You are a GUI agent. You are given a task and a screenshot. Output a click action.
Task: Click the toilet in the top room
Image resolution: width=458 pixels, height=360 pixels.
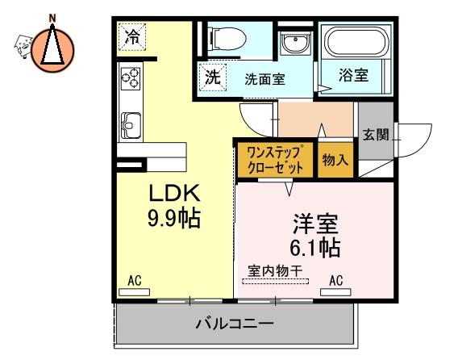pyautogui.click(x=228, y=39)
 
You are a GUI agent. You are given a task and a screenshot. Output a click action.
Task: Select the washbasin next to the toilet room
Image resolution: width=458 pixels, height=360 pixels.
pyautogui.click(x=295, y=43)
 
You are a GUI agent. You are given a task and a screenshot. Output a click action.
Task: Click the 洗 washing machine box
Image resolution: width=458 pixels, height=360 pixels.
pyautogui.click(x=212, y=77)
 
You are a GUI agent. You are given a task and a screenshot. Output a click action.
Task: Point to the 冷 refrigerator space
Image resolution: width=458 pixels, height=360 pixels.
pyautogui.click(x=132, y=37)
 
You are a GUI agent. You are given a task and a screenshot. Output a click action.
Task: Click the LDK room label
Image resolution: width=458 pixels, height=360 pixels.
pyautogui.click(x=174, y=193)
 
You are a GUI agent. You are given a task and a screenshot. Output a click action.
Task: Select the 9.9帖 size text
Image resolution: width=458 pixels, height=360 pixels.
pyautogui.click(x=174, y=218)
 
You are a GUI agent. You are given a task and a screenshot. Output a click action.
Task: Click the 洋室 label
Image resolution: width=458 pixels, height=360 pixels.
pyautogui.click(x=315, y=224)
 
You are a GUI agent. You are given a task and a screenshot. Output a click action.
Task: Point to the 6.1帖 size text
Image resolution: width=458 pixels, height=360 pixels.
pyautogui.click(x=314, y=248)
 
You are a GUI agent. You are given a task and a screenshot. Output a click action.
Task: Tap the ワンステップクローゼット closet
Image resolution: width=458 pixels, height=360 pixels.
pyautogui.click(x=275, y=160)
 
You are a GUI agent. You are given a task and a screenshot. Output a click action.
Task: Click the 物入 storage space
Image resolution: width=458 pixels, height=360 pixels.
pyautogui.click(x=335, y=160)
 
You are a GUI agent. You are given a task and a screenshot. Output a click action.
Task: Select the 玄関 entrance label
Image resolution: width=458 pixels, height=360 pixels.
pyautogui.click(x=376, y=135)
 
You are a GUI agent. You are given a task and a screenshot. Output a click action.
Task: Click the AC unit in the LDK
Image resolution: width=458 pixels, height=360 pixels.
pyautogui.click(x=135, y=292)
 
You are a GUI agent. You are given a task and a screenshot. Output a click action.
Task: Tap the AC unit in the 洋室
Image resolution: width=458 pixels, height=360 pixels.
pyautogui.click(x=335, y=292)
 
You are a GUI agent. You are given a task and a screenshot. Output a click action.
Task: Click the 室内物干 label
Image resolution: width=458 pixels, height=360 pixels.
pyautogui.click(x=275, y=271)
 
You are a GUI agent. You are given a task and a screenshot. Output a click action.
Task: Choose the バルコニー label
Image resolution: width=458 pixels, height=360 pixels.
pyautogui.click(x=235, y=324)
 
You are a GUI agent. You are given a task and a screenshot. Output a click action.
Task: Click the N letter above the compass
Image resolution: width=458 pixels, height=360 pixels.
pyautogui.click(x=52, y=19)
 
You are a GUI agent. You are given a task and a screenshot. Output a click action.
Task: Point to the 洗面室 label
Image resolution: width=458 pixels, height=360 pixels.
pyautogui.click(x=264, y=79)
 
